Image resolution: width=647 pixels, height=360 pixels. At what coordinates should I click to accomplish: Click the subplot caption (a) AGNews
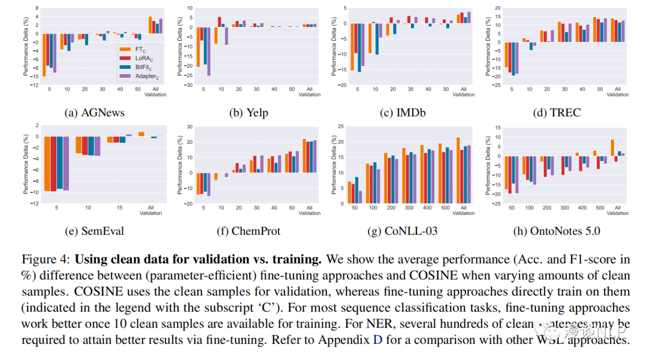click(x=95, y=112)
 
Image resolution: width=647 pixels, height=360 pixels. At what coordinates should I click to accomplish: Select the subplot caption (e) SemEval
click(x=95, y=231)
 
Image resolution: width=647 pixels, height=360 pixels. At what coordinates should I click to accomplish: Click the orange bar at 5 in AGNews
click(x=44, y=55)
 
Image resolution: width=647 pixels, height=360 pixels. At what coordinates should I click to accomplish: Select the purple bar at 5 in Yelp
click(x=209, y=52)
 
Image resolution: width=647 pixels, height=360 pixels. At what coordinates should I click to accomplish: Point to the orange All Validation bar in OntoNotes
click(x=612, y=148)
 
